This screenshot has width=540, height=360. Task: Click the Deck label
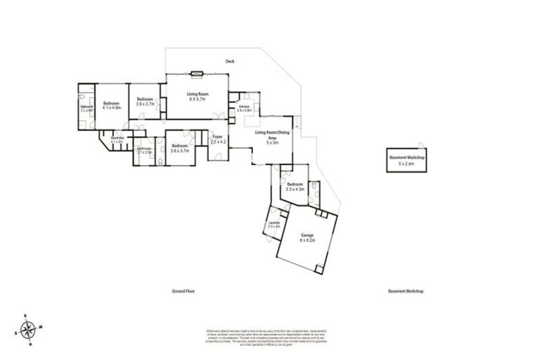[230, 62]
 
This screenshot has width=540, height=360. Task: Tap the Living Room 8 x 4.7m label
[198, 97]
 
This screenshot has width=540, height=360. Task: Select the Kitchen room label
[244, 108]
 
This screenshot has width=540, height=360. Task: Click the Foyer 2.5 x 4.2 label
[218, 139]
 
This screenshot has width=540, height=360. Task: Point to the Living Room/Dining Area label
[272, 136]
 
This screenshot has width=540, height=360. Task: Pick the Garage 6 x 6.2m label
[307, 237]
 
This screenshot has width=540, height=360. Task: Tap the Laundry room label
[274, 224]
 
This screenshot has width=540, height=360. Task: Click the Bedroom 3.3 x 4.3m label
[295, 186]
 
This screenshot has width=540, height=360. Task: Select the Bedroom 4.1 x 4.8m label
[112, 105]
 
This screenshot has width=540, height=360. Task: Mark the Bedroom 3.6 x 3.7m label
[180, 148]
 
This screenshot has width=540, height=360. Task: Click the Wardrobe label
[117, 139]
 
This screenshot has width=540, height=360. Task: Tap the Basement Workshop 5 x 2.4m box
[408, 159]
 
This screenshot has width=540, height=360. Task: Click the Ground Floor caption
[184, 290]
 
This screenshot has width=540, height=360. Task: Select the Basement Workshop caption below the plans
[406, 290]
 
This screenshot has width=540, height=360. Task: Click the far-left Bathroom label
[85, 108]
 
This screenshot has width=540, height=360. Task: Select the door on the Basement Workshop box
[421, 143]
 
